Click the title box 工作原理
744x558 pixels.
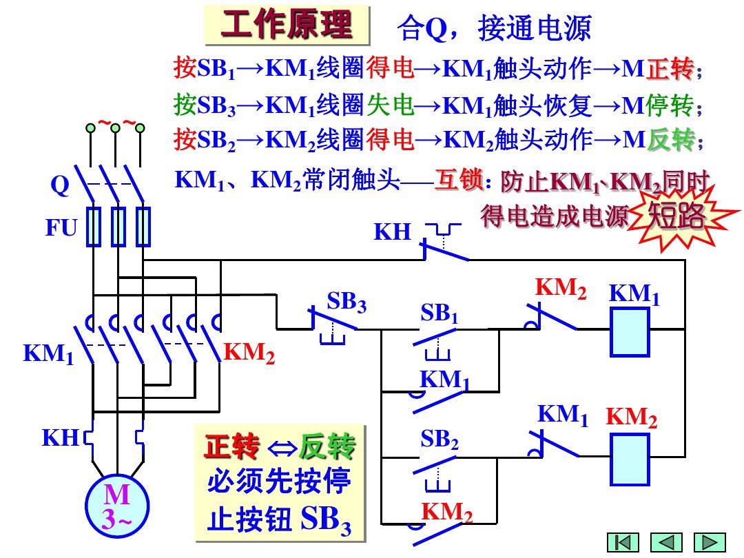pyautogui.click(x=287, y=26)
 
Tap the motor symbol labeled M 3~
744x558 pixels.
pyautogui.click(x=116, y=507)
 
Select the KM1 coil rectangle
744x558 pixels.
pyautogui.click(x=630, y=331)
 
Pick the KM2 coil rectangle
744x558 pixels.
pyautogui.click(x=630, y=460)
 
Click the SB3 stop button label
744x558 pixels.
pyautogui.click(x=346, y=302)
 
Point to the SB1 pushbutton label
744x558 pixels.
pyautogui.click(x=440, y=314)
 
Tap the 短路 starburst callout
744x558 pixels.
pyautogui.click(x=677, y=217)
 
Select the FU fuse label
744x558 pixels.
pyautogui.click(x=61, y=228)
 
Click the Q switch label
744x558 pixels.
pyautogui.click(x=61, y=185)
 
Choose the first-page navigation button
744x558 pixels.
pyautogui.click(x=623, y=542)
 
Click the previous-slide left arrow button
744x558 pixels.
pyautogui.click(x=666, y=542)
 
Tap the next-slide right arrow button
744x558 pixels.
pyautogui.click(x=709, y=542)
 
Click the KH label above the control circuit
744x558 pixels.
pyautogui.click(x=392, y=232)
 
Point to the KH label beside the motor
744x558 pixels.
pyautogui.click(x=60, y=437)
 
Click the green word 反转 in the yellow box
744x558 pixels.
pyautogui.click(x=327, y=448)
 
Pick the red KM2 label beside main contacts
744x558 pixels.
pyautogui.click(x=249, y=353)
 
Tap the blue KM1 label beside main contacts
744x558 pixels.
pyautogui.click(x=48, y=353)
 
